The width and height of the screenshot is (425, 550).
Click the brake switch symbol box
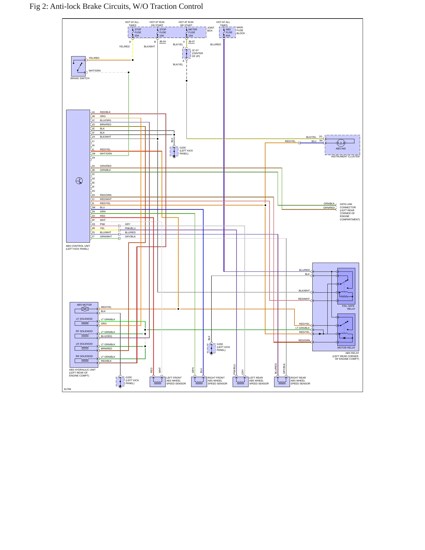[78, 66]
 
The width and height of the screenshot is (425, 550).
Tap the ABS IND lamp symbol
[341, 143]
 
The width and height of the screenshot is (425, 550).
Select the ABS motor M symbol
[85, 309]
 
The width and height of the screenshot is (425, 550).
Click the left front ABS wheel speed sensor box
[158, 382]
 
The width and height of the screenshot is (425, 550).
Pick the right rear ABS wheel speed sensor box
[282, 382]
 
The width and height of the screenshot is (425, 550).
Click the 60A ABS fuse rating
[228, 36]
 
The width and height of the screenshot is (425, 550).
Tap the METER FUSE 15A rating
[191, 36]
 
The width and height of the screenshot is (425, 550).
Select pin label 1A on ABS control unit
[93, 112]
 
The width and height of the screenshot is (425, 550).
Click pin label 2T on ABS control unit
[93, 236]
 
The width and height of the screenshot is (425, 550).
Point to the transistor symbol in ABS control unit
[79, 181]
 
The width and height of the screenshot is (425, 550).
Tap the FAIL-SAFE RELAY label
[349, 307]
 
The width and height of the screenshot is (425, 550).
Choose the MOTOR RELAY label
[346, 348]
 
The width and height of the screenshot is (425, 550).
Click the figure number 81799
[67, 389]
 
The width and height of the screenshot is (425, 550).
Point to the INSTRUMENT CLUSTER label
[345, 156]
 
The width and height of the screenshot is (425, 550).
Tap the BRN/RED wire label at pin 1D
[106, 124]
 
